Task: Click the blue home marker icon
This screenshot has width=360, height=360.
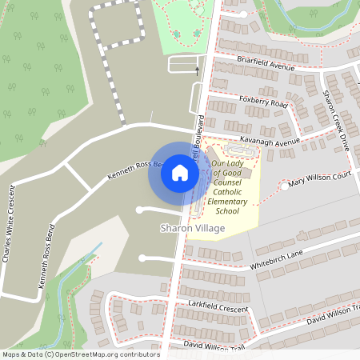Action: [x=180, y=171]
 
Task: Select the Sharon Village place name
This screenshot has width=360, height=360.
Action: [x=193, y=229]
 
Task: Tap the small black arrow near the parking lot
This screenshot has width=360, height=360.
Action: [x=198, y=71]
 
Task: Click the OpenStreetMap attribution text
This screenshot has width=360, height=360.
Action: [x=80, y=354]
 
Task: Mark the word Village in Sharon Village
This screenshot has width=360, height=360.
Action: [x=209, y=229]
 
